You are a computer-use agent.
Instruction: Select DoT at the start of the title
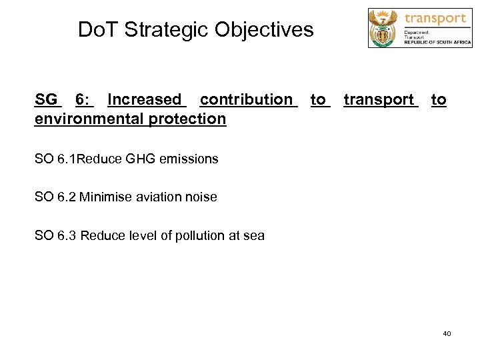(96, 30)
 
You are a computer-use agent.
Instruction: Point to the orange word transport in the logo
(435, 18)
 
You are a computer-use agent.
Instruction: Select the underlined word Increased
(145, 100)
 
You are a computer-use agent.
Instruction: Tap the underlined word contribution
(246, 100)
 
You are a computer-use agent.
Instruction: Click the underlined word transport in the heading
(379, 100)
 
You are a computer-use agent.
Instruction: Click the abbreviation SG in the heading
(46, 100)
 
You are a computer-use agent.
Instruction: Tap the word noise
(201, 197)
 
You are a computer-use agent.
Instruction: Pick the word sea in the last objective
(254, 235)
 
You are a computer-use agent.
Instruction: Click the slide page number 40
(447, 333)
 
